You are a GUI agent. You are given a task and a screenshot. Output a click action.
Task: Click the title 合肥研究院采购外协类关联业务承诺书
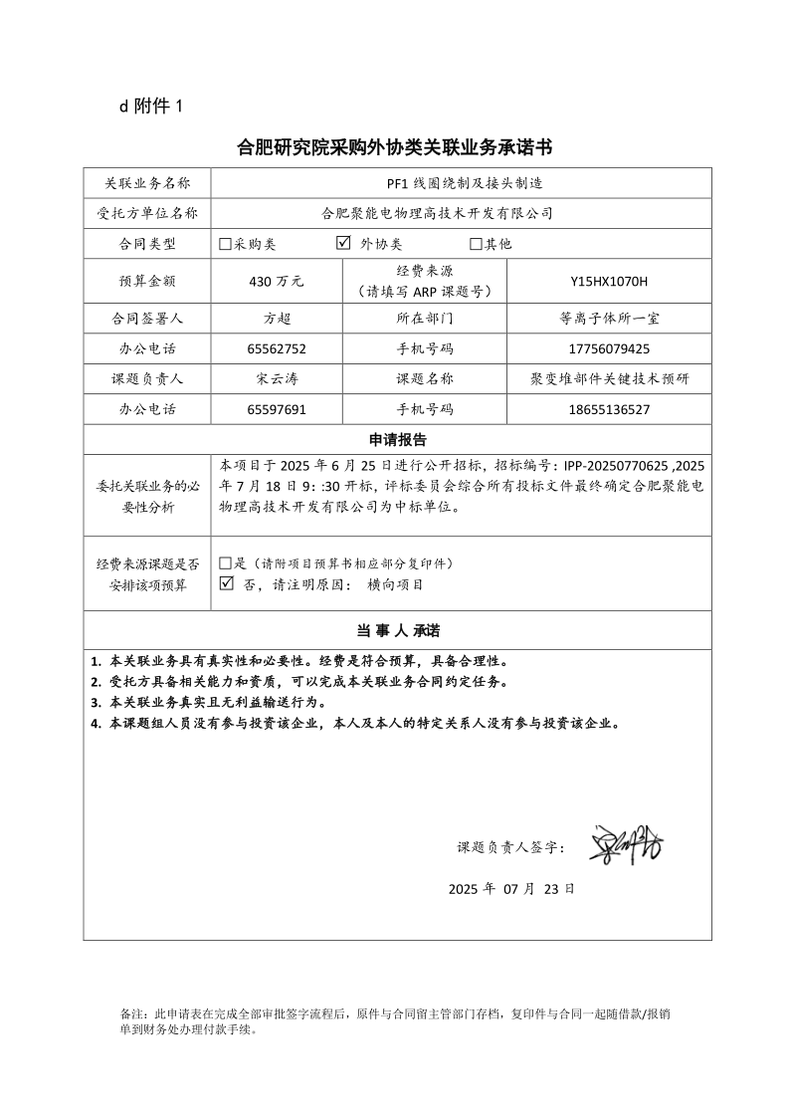point(394,148)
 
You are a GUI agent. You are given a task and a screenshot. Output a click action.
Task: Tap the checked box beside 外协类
point(344,243)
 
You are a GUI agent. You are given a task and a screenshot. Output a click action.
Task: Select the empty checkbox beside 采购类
point(226,244)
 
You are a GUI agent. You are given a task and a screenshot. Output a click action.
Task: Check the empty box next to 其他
point(476,244)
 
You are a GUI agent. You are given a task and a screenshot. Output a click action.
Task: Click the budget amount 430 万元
point(277,282)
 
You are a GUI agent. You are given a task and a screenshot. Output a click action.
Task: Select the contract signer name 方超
point(277,320)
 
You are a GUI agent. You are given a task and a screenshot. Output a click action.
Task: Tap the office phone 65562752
point(277,349)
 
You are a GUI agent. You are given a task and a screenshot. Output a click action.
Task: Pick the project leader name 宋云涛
point(277,379)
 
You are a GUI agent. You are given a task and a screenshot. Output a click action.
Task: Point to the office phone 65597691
point(277,409)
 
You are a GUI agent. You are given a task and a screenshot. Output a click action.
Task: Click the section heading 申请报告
point(397,439)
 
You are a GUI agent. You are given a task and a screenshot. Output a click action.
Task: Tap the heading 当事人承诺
point(397,631)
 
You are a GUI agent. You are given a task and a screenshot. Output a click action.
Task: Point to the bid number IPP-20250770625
point(616,464)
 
